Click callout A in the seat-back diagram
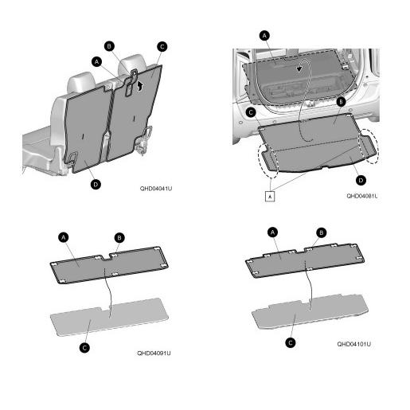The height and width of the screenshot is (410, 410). tap(96, 62)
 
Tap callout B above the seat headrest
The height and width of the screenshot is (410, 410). tap(109, 46)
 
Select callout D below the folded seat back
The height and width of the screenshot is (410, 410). tap(96, 184)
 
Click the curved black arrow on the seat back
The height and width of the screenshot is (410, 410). tap(140, 86)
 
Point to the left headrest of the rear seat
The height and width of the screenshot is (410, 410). tap(81, 81)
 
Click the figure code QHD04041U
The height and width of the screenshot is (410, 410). tap(156, 189)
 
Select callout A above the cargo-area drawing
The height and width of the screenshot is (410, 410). tap(264, 36)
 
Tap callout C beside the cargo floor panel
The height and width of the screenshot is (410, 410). tap(251, 112)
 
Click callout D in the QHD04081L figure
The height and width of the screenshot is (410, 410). tap(361, 180)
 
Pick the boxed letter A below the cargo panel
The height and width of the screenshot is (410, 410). tap(270, 197)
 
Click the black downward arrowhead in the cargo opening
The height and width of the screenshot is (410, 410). tap(299, 69)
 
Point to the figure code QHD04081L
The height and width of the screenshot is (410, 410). tap(362, 196)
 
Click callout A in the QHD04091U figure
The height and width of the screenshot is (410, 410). tap(63, 237)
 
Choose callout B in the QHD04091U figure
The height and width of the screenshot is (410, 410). tap(119, 238)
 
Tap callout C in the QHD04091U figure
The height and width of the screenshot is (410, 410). tap(84, 348)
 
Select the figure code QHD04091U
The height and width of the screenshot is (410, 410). tap(154, 353)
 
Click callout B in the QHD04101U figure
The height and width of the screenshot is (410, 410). tap(322, 232)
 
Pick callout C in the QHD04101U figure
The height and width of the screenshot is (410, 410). tap(291, 343)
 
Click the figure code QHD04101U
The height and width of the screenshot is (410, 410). tap(353, 344)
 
